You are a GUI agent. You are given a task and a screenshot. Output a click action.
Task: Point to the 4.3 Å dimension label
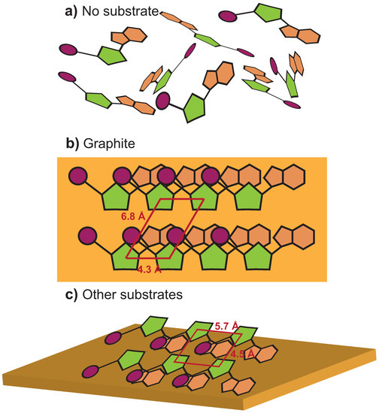(x=150, y=266)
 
